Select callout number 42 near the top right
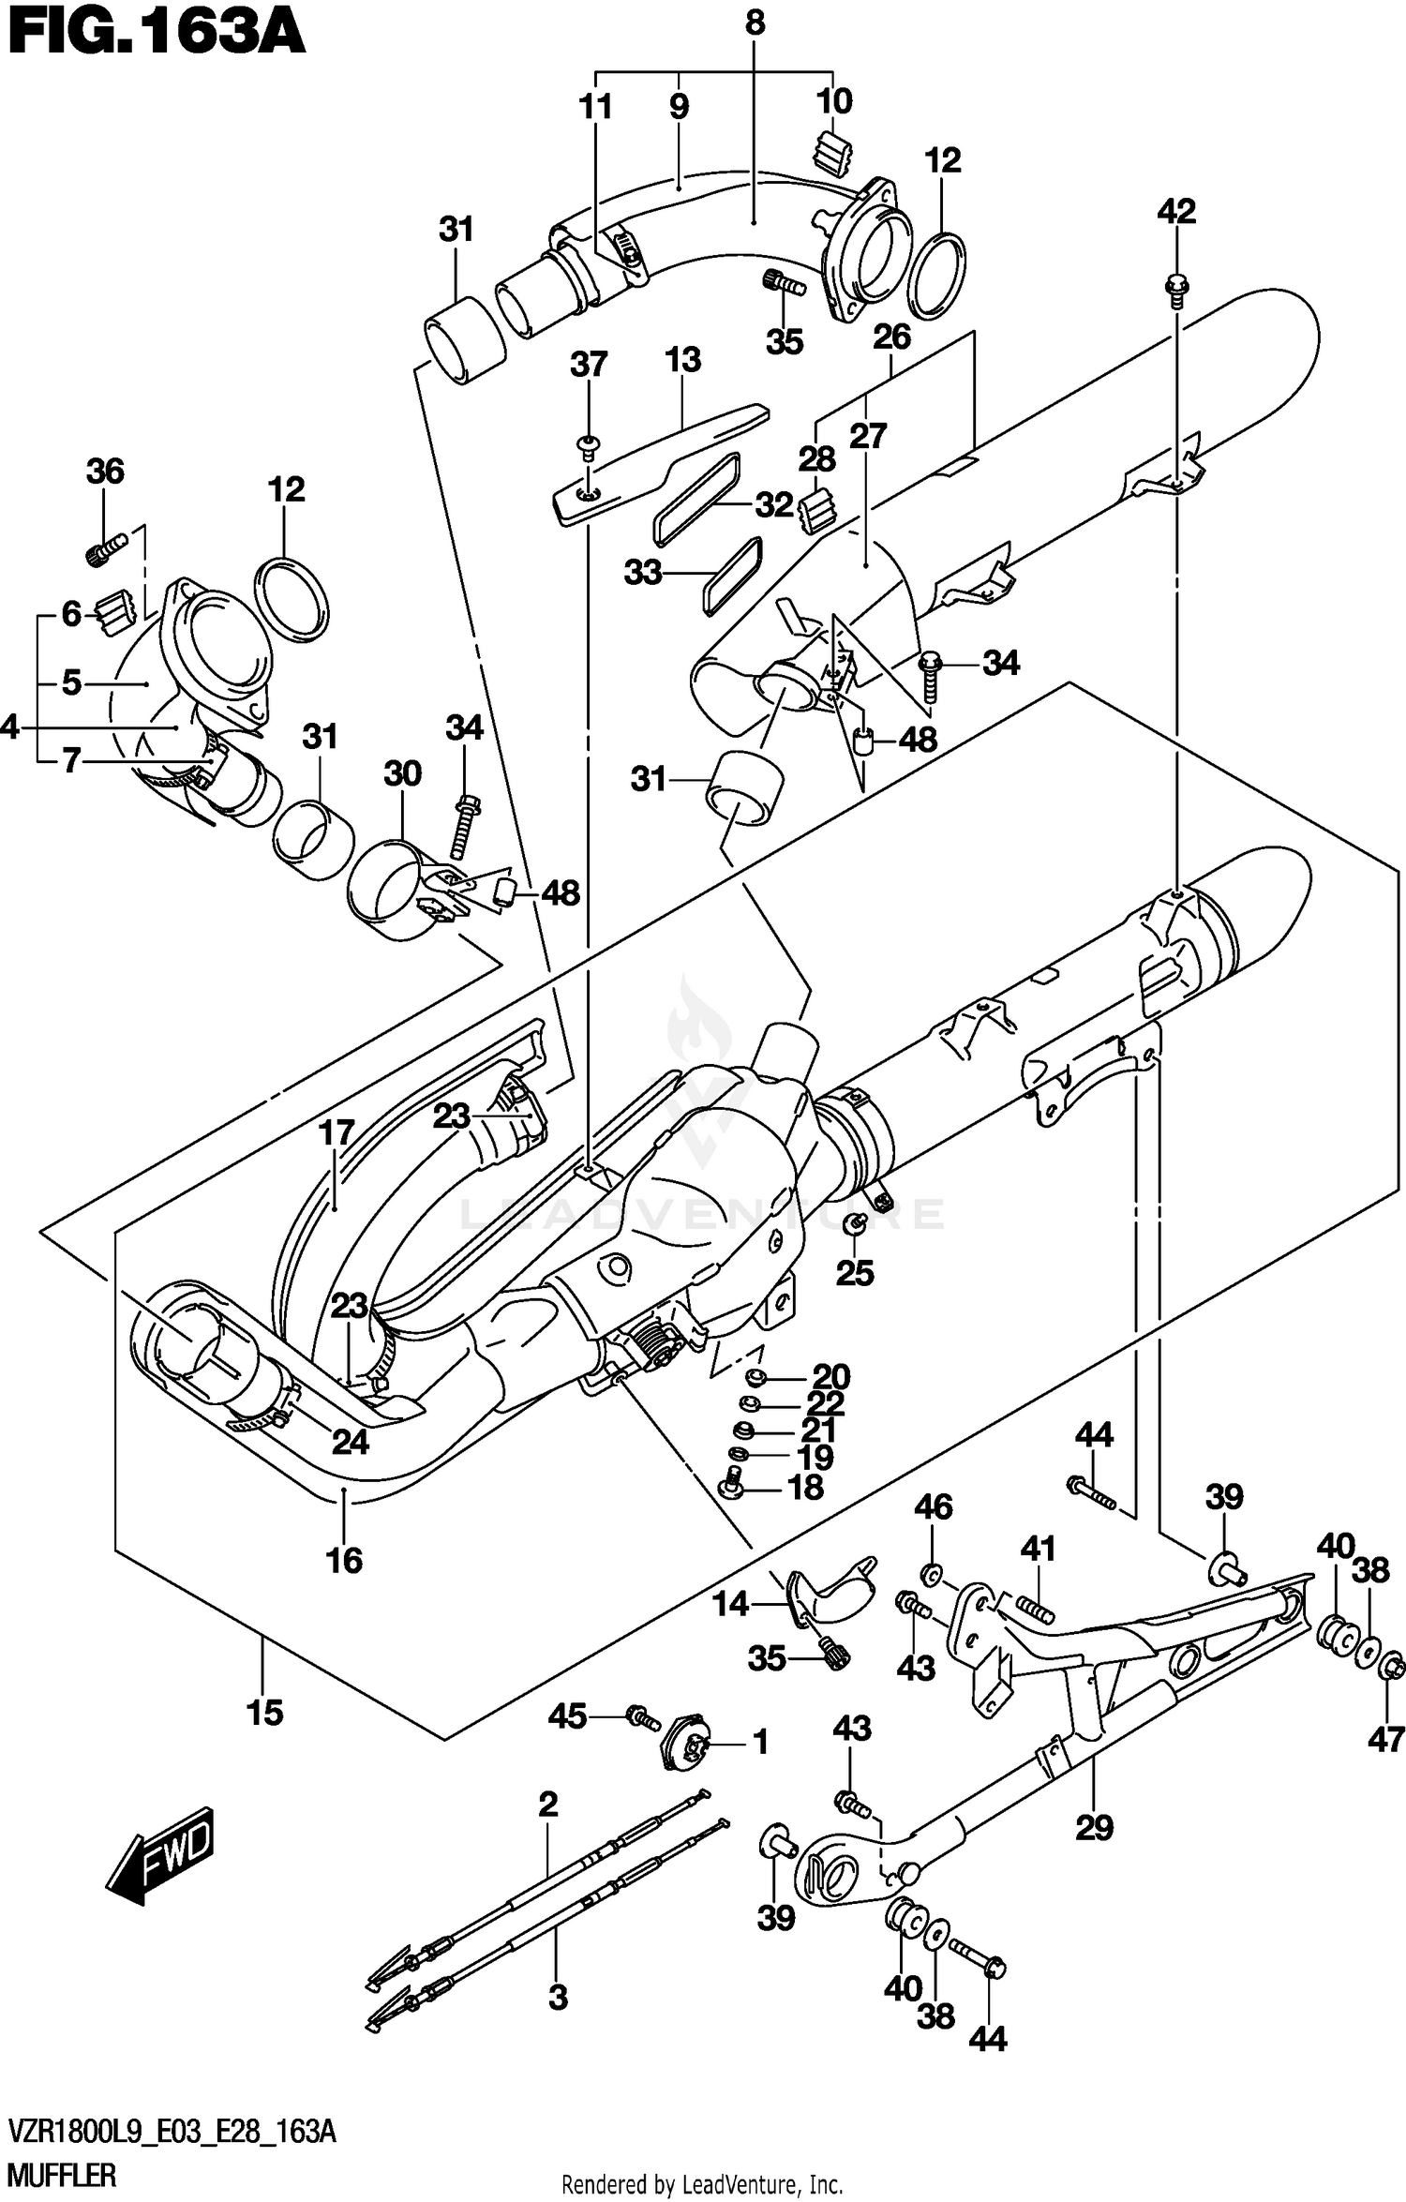(x=1176, y=212)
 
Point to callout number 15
(x=264, y=1713)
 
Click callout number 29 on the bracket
(x=1094, y=1827)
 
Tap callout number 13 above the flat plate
(x=682, y=360)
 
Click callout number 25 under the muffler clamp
(x=855, y=1272)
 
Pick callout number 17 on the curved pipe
(x=336, y=1133)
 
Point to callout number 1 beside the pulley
(x=759, y=1744)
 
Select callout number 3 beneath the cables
(x=558, y=1998)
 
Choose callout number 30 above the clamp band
(x=402, y=773)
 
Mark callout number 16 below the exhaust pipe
(x=344, y=1559)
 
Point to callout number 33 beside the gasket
(x=643, y=573)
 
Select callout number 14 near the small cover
(x=730, y=1603)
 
